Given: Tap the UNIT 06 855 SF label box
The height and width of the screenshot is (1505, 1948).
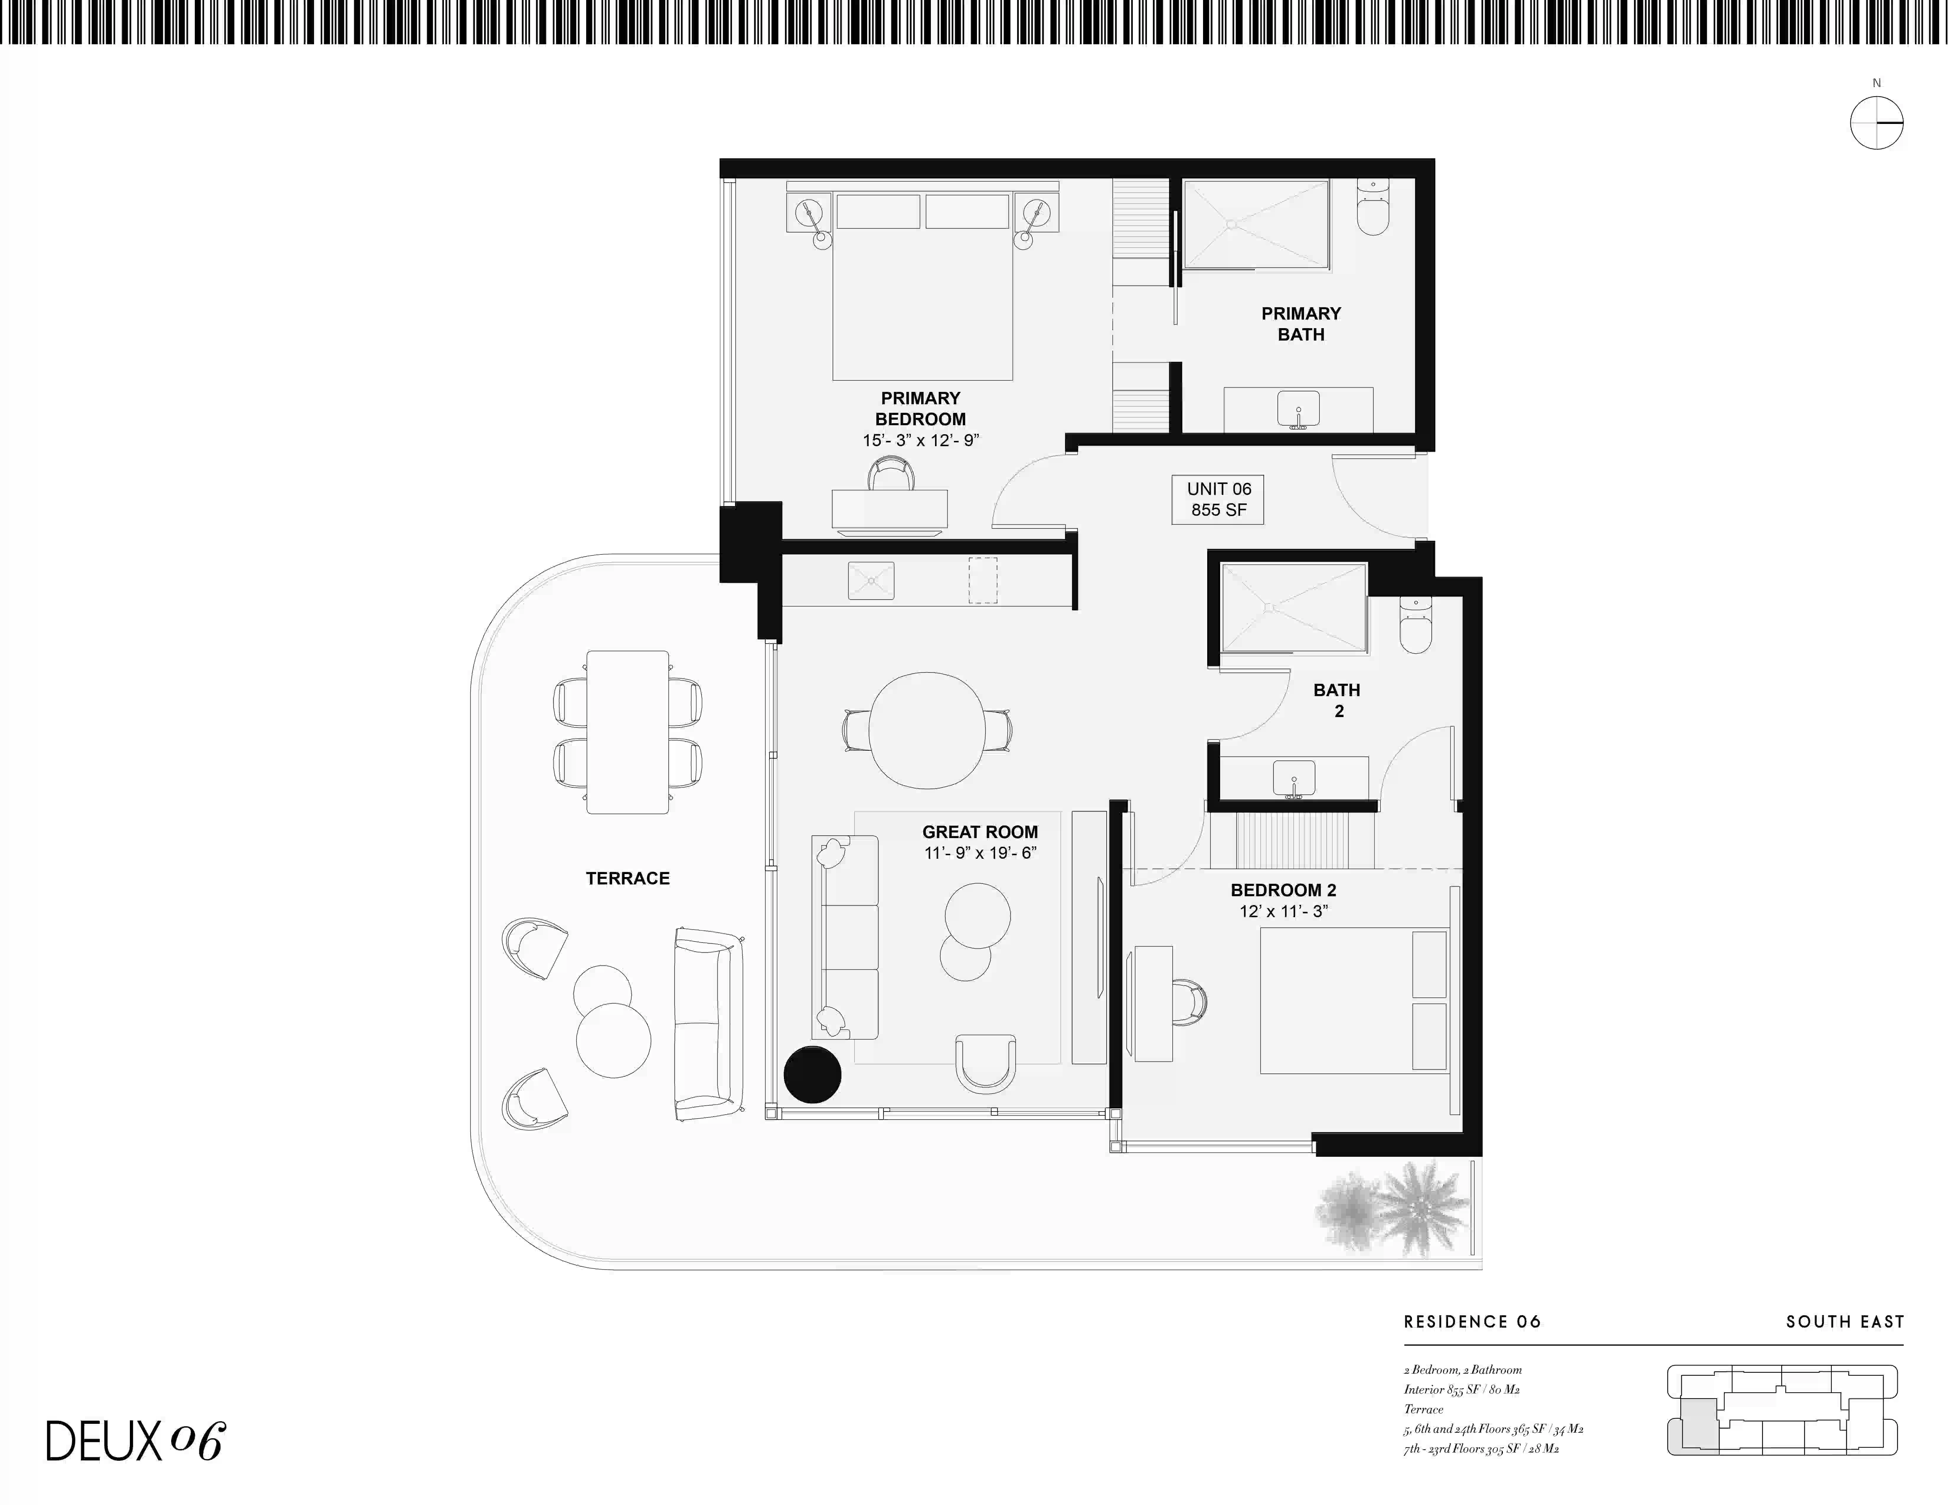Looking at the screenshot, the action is pyautogui.click(x=1218, y=499).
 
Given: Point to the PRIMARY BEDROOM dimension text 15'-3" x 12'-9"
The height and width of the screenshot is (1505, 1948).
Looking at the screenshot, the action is pyautogui.click(x=921, y=441).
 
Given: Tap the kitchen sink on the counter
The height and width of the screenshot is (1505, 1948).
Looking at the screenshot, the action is pyautogui.click(x=870, y=580).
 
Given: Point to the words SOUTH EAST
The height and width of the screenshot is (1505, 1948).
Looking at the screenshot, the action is pyautogui.click(x=1844, y=1321).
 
